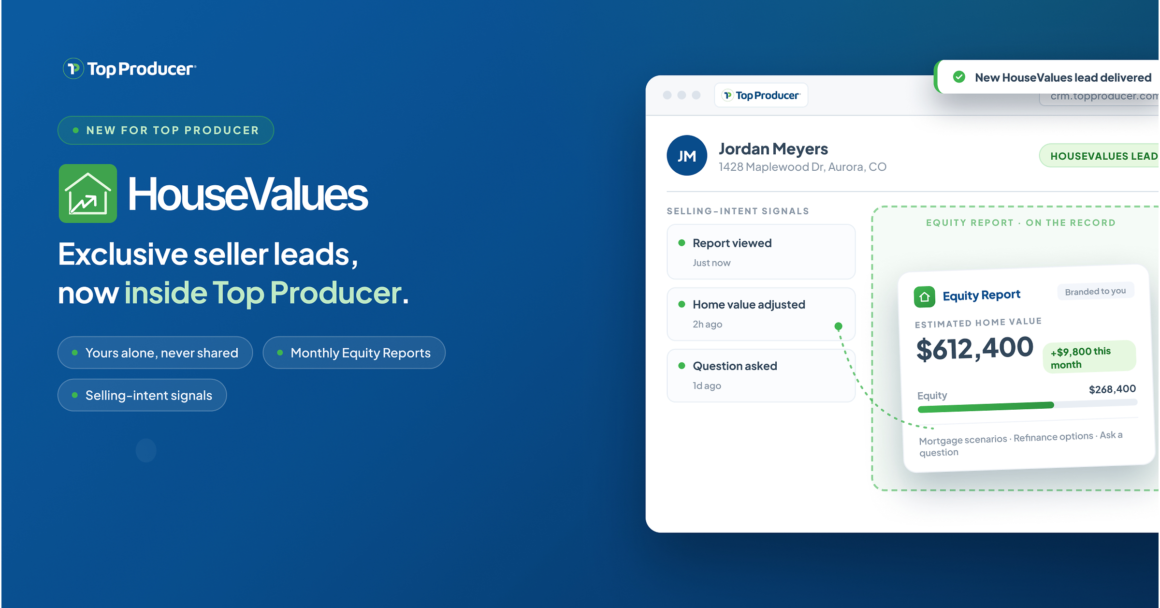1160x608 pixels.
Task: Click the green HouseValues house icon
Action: click(88, 193)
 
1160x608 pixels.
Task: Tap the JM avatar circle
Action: click(687, 155)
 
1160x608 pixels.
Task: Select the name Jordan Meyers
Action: click(773, 149)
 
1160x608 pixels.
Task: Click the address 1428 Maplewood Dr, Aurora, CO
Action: click(802, 167)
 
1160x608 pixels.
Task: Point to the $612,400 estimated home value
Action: click(974, 349)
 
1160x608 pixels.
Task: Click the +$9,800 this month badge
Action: click(1089, 357)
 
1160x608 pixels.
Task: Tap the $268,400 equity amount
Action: click(1112, 389)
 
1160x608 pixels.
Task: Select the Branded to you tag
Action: click(1095, 291)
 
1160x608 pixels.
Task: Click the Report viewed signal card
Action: click(761, 252)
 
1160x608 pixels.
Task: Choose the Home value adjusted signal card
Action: click(761, 314)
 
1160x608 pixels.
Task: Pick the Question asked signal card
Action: click(761, 375)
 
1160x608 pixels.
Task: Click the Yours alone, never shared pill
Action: click(155, 353)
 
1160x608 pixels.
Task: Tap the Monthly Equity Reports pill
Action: click(354, 353)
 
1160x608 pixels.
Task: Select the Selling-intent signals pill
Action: click(142, 395)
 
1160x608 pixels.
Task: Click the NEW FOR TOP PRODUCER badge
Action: click(166, 130)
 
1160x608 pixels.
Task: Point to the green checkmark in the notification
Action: click(959, 77)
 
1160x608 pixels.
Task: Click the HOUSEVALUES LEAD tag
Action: click(1099, 156)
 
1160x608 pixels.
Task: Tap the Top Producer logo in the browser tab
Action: click(761, 95)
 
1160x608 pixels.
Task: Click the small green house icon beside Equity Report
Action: click(924, 297)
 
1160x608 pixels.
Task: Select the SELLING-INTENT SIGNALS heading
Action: click(738, 211)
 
